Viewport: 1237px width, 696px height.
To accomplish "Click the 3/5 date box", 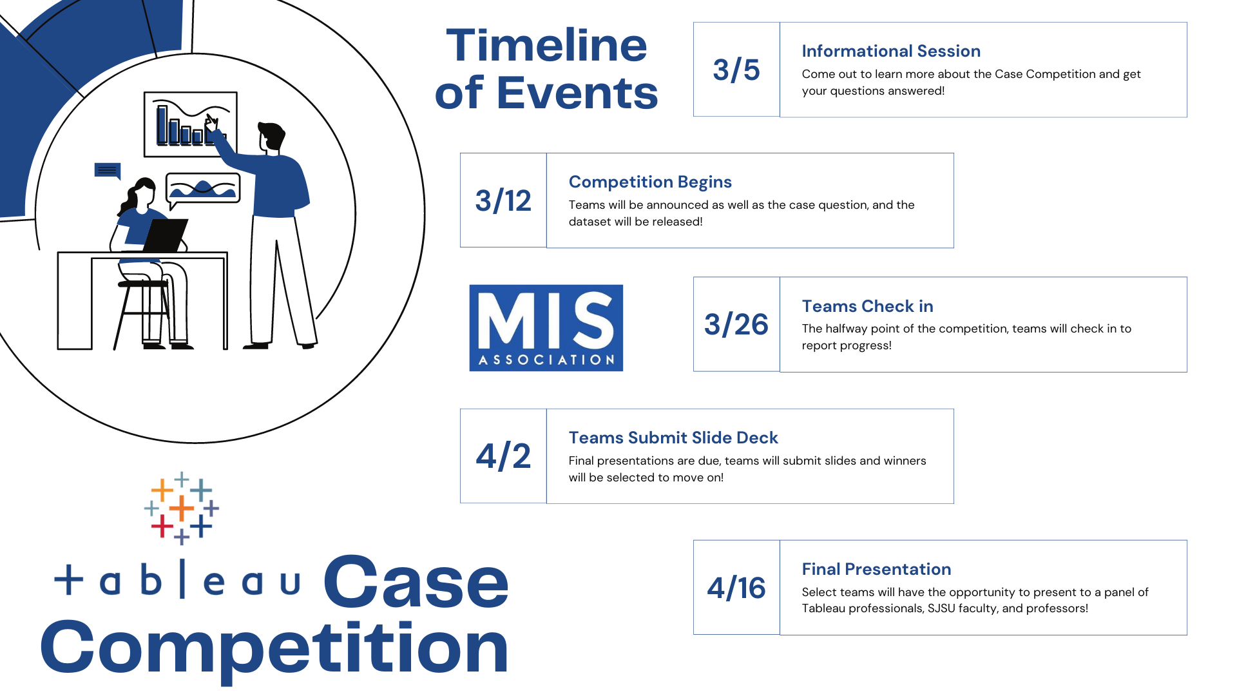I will tap(736, 70).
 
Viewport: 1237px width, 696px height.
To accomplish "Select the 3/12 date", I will tap(503, 200).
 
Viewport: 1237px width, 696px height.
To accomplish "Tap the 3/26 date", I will tap(736, 324).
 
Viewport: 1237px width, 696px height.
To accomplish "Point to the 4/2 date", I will tap(503, 456).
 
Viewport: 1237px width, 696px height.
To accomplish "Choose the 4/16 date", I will tap(736, 588).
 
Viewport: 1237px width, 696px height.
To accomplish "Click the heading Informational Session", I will tap(891, 51).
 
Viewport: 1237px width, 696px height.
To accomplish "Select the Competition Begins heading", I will tap(650, 182).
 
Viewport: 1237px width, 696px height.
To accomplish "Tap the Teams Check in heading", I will tap(867, 306).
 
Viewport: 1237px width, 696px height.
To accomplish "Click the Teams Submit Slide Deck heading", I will tap(673, 438).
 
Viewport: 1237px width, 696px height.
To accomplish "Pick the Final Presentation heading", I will tap(876, 569).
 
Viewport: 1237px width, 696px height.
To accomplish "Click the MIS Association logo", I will tap(546, 328).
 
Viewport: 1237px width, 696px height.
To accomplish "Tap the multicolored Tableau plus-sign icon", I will tap(182, 508).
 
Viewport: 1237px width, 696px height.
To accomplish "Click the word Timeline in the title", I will tap(546, 46).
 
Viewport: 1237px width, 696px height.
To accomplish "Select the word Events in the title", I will tap(577, 93).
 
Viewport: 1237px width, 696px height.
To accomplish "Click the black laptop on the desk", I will tap(166, 235).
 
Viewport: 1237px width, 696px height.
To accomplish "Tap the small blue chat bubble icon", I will tap(108, 171).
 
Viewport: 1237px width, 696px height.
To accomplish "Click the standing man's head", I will tap(271, 137).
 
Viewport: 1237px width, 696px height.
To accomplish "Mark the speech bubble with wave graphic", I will tap(203, 188).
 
